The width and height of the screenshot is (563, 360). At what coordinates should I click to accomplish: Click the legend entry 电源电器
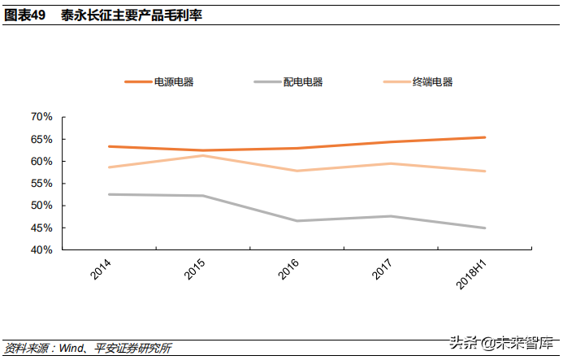click(x=174, y=82)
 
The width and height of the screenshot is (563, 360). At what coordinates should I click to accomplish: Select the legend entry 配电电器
click(x=303, y=82)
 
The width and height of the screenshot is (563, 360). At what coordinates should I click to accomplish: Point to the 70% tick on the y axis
click(x=41, y=117)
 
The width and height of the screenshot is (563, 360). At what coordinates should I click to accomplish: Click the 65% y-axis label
click(x=41, y=139)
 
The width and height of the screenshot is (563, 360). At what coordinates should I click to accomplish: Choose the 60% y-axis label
click(x=41, y=161)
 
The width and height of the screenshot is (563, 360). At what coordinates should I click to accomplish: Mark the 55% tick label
click(x=41, y=184)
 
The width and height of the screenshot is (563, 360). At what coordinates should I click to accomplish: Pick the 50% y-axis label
click(x=41, y=206)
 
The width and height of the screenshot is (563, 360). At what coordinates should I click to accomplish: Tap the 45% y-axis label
click(x=41, y=228)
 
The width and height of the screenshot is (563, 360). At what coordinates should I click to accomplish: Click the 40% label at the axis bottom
click(x=41, y=249)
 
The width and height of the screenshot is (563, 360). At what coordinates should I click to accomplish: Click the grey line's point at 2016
click(x=297, y=221)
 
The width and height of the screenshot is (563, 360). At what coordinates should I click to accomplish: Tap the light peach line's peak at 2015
click(x=203, y=155)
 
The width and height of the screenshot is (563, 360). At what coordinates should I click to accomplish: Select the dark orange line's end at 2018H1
click(x=485, y=137)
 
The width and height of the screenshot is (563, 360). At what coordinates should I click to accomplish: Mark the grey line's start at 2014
click(x=109, y=194)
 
